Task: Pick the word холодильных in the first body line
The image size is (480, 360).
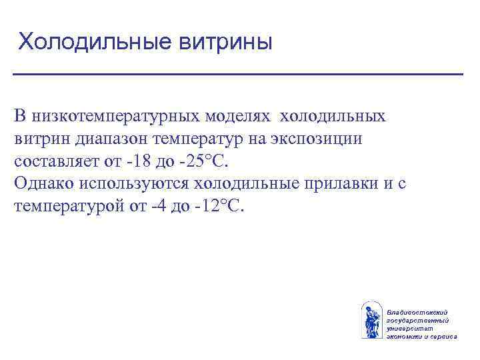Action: pos(332,117)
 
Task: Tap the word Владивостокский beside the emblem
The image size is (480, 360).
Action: pos(417,312)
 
